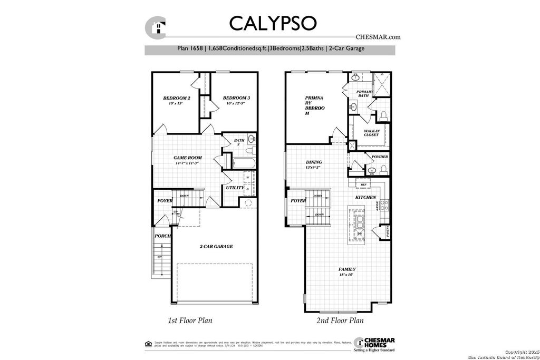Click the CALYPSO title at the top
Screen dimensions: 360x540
[x=272, y=23]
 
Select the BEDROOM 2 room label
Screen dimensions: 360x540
[x=176, y=98]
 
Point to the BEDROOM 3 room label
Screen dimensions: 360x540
[x=236, y=98]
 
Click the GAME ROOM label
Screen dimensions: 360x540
[x=188, y=158]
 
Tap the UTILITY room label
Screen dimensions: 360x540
[x=235, y=188]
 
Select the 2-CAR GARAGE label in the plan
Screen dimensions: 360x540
[x=216, y=246]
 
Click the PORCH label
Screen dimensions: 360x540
[x=162, y=236]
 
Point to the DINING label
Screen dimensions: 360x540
[x=314, y=162]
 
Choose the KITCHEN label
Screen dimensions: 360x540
[x=365, y=197]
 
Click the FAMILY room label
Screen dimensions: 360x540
[x=346, y=269]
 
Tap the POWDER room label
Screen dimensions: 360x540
[x=380, y=157]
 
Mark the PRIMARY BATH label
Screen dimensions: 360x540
[x=365, y=93]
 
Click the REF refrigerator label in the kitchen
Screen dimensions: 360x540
[x=363, y=185]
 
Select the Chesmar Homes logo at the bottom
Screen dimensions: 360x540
[x=374, y=343]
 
